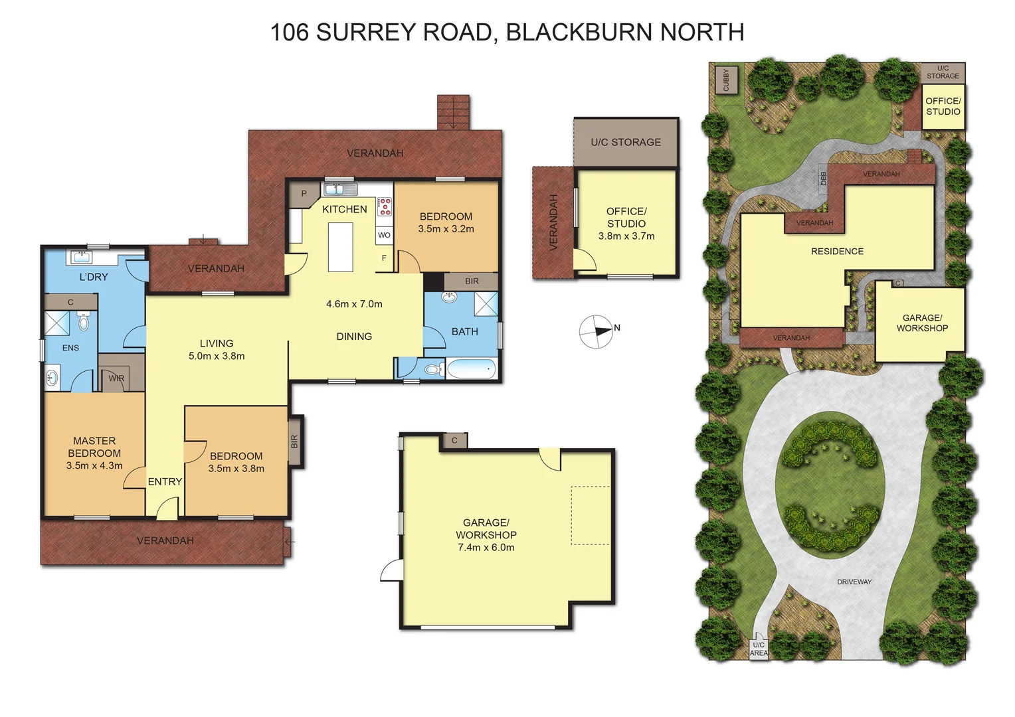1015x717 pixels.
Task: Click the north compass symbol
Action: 596,331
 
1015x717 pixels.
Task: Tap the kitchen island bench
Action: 341,247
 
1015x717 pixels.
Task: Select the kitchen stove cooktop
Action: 385,206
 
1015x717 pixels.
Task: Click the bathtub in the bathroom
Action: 470,368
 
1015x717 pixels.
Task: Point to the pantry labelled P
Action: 304,194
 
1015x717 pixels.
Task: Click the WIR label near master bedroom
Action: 116,378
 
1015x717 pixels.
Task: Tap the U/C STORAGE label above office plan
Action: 626,142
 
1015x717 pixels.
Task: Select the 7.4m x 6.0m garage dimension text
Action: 486,548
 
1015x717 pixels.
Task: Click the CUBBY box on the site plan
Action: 726,80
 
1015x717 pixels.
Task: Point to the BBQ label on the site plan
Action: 823,178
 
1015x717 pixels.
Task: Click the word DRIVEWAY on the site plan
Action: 854,582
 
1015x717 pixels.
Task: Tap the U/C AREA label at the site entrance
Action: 758,649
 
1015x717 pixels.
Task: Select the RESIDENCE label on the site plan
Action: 837,252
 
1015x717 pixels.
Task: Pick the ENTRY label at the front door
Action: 165,482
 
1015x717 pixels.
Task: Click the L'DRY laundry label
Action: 94,277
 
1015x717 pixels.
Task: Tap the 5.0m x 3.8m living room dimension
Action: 217,357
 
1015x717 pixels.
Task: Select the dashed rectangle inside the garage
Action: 591,515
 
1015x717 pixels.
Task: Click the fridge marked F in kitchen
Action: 384,258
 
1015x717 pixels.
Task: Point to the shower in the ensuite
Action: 57,323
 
